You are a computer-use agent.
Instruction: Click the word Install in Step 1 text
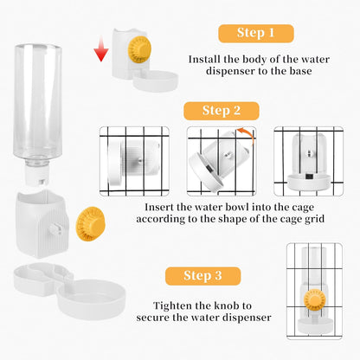(x=209, y=61)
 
